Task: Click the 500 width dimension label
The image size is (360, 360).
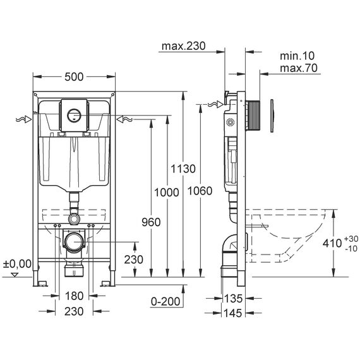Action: tap(74, 77)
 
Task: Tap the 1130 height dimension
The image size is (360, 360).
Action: tap(183, 169)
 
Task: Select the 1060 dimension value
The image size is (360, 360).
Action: tap(200, 191)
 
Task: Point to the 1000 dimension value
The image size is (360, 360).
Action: tap(167, 192)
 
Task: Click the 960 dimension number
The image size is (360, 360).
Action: tap(151, 222)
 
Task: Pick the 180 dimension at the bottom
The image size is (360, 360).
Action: tap(74, 296)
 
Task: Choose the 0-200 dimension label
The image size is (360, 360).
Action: tap(165, 301)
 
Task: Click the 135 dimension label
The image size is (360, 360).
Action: tap(233, 299)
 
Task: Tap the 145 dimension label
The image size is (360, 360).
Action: tap(233, 313)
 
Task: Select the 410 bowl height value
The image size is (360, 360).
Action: tap(332, 243)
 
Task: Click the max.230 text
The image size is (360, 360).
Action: tap(183, 46)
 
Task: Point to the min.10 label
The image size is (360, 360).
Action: tap(297, 56)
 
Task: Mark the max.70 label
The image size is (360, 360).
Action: tap(299, 68)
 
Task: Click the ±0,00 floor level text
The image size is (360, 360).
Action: tap(17, 264)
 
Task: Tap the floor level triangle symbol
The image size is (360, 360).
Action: tap(15, 275)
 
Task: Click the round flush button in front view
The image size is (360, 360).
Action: tap(74, 116)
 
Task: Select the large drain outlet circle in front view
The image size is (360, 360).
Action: tap(74, 243)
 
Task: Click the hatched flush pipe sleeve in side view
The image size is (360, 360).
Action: tap(254, 115)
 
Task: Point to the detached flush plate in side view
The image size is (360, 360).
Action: tap(272, 116)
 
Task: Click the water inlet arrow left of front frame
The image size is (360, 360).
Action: tap(23, 119)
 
